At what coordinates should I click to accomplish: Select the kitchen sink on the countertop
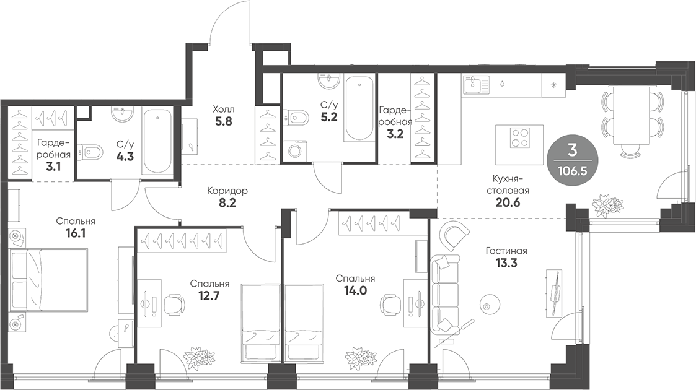click(x=475, y=84)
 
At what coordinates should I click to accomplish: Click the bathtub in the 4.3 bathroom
click(x=158, y=142)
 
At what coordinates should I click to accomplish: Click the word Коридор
click(x=227, y=191)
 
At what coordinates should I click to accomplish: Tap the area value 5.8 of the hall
click(x=224, y=122)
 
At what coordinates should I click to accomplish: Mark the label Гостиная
click(x=506, y=251)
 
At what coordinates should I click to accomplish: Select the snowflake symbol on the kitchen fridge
click(x=553, y=84)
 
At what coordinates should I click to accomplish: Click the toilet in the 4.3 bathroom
click(x=94, y=151)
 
